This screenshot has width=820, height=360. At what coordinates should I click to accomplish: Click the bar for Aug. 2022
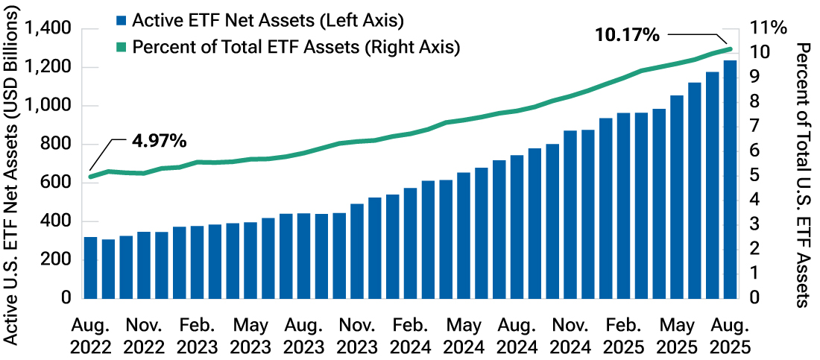[x=91, y=268]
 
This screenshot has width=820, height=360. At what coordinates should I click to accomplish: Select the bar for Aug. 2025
[x=730, y=179]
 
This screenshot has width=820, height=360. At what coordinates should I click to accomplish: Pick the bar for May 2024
[x=464, y=236]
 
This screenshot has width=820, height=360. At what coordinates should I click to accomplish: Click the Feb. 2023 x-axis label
[x=197, y=335]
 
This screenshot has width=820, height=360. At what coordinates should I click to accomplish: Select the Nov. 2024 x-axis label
[x=570, y=335]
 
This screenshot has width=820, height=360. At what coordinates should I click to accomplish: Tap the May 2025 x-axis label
[x=676, y=335]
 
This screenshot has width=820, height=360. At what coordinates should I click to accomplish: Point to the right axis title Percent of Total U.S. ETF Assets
[x=803, y=175]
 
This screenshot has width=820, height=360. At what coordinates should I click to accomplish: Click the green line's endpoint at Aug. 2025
[x=730, y=49]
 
